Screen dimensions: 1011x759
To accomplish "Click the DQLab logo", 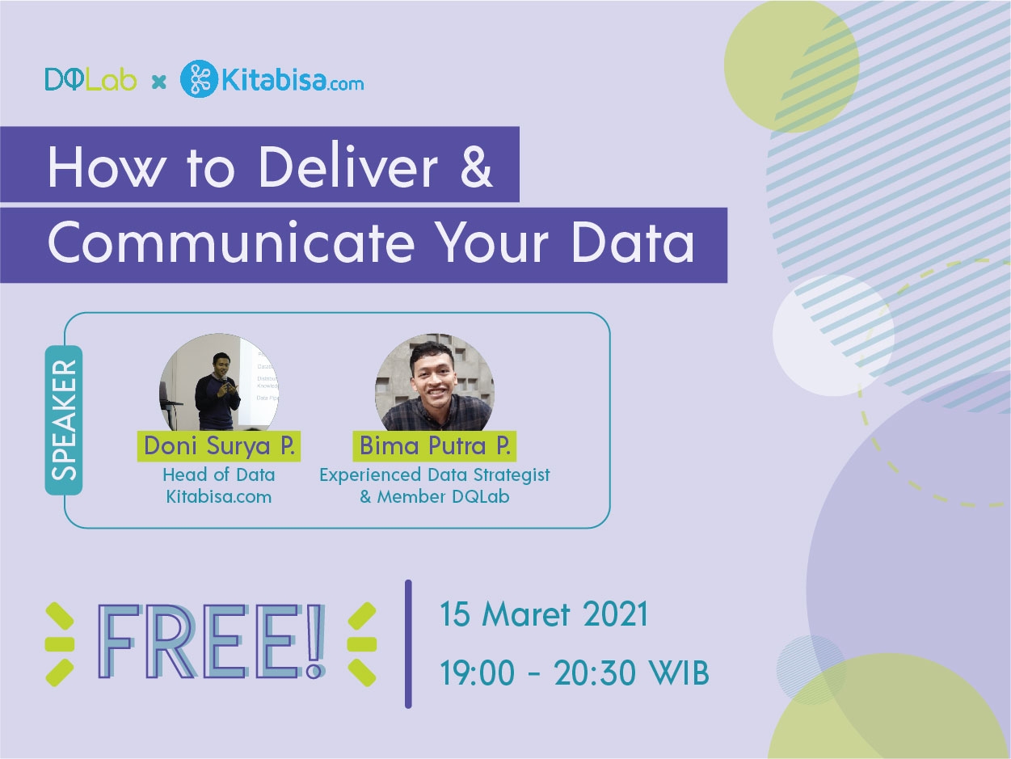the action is pyautogui.click(x=91, y=80).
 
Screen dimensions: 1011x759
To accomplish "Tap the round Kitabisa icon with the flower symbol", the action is pyautogui.click(x=199, y=78).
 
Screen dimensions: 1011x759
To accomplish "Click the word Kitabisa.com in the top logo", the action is pyautogui.click(x=293, y=80).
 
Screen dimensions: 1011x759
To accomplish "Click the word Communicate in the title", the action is pyautogui.click(x=231, y=242).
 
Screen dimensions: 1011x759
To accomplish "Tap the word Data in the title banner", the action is pyautogui.click(x=633, y=242).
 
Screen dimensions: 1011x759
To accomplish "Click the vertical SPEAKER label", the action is pyautogui.click(x=64, y=420).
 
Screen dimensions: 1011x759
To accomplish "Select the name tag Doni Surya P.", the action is pyautogui.click(x=219, y=446).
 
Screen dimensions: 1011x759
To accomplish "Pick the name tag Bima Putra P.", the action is pyautogui.click(x=435, y=446).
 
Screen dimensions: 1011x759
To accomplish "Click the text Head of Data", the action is pyautogui.click(x=219, y=474).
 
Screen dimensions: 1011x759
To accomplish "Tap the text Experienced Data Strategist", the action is pyautogui.click(x=435, y=475).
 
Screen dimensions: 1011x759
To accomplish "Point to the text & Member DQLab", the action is pyautogui.click(x=435, y=496).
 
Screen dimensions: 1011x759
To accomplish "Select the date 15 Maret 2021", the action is pyautogui.click(x=544, y=614).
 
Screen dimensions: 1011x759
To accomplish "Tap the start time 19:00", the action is pyautogui.click(x=477, y=673).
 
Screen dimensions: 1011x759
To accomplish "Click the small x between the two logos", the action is pyautogui.click(x=158, y=82).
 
